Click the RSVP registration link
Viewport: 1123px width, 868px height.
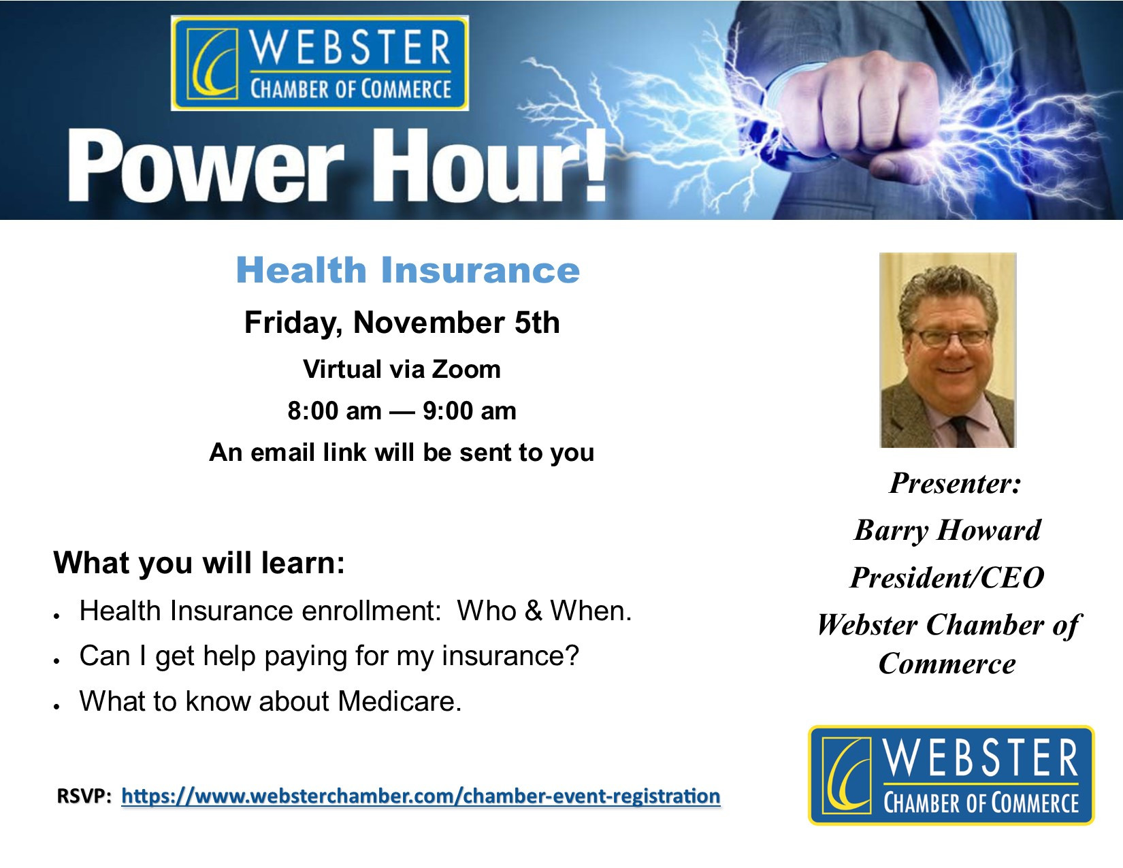tap(421, 796)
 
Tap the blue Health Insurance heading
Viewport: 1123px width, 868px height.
tap(408, 270)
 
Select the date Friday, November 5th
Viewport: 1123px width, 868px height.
tap(402, 323)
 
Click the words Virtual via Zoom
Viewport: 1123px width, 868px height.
tap(402, 369)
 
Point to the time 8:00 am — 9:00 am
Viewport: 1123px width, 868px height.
tap(402, 411)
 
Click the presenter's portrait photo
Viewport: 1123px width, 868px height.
tap(948, 350)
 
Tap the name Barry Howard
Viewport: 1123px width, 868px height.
tap(948, 530)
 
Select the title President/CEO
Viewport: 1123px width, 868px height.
tap(947, 577)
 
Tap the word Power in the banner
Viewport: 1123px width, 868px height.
tap(205, 167)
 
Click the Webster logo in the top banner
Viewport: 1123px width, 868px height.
tap(320, 63)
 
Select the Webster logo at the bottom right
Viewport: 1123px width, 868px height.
tap(951, 775)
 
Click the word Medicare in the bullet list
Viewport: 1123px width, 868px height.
tap(399, 701)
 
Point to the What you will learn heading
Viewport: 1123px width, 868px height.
tap(199, 562)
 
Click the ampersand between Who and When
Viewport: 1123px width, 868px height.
tap(534, 611)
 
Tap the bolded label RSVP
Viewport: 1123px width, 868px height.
tap(84, 796)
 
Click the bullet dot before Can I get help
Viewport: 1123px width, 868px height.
tap(57, 661)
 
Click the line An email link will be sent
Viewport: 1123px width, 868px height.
tap(402, 452)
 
